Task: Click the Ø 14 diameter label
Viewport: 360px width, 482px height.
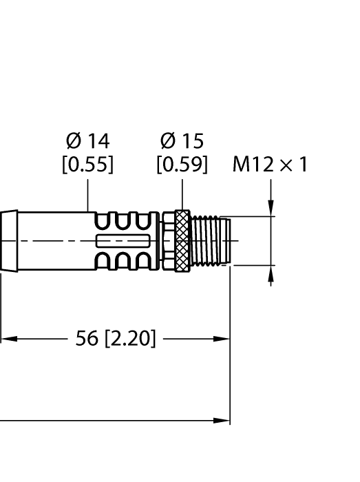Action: tap(87, 141)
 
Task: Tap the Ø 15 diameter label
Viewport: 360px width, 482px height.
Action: tap(182, 141)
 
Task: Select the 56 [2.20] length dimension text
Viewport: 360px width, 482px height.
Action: tap(115, 339)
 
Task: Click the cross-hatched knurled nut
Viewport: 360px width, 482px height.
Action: tap(182, 241)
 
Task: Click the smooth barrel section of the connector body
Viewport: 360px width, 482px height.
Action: tap(52, 241)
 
